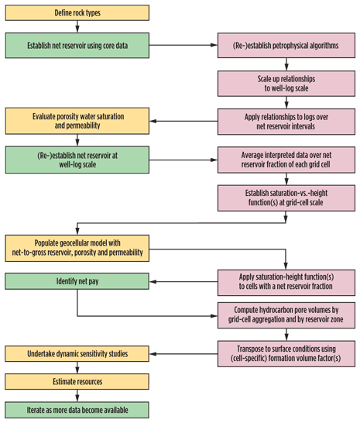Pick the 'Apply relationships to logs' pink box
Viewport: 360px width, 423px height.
tap(286, 120)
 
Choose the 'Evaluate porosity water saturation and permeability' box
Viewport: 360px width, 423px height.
tap(77, 120)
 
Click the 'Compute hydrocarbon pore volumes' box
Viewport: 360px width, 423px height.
tap(286, 316)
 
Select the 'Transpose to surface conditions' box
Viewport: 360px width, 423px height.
tap(286, 352)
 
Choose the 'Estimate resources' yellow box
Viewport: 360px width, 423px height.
tap(77, 381)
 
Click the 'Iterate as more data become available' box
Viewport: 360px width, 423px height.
tap(77, 409)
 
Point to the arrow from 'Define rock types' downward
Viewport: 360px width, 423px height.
tap(76, 27)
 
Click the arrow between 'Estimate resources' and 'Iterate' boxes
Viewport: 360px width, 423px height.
tap(76, 395)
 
